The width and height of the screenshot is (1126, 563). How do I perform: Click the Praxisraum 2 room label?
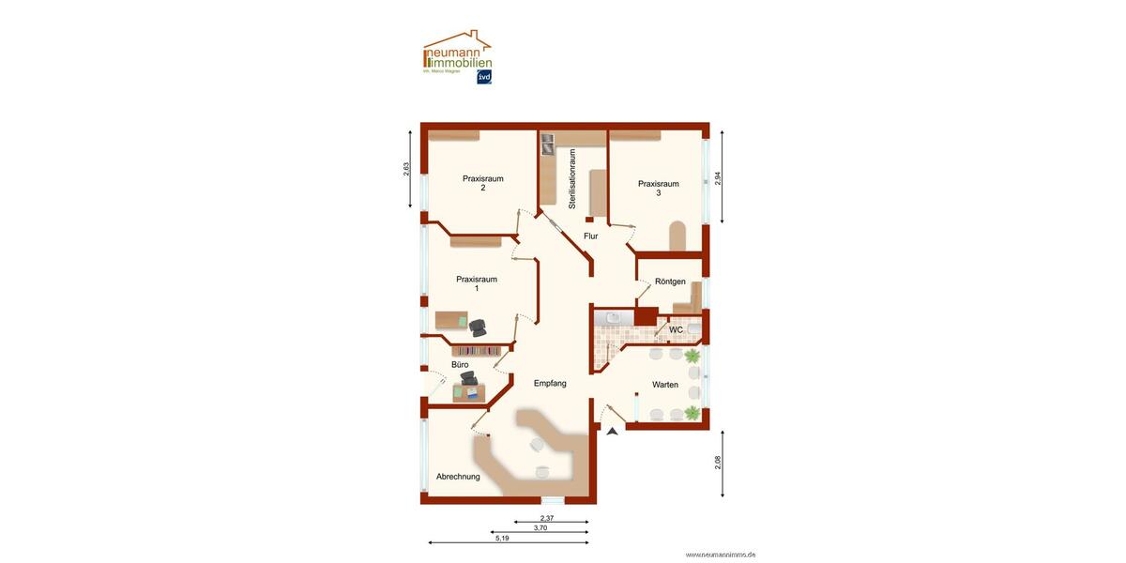coord(482,183)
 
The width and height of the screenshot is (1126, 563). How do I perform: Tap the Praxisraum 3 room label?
coord(658,188)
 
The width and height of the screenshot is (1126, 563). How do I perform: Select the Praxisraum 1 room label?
coord(477,283)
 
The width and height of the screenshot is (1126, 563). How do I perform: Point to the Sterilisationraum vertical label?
coord(571,178)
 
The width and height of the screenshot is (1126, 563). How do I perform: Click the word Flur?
coord(590,236)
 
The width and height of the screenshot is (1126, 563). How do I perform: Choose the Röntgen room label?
coord(670,281)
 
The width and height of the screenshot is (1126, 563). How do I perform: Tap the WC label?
coord(676,330)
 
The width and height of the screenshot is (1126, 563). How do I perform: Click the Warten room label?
coord(665,385)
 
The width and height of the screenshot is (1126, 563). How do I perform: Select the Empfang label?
coord(550,383)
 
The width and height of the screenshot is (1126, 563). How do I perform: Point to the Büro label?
coord(460,364)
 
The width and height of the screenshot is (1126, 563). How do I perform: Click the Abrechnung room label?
coord(458,477)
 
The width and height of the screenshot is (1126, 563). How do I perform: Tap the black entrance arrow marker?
coord(613,431)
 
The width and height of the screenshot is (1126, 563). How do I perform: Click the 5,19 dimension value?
coord(502,538)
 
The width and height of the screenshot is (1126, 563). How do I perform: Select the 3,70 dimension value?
coord(540,528)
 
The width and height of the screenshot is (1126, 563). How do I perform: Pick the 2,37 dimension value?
coord(547,518)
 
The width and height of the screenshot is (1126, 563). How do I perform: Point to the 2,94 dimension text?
coord(718,177)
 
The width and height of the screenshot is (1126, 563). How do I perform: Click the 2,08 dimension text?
coord(718,463)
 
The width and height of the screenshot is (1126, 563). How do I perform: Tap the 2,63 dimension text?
coord(406,169)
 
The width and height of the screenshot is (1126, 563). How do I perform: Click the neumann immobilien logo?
coord(458,56)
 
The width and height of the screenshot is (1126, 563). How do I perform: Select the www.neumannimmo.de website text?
coord(721,555)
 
